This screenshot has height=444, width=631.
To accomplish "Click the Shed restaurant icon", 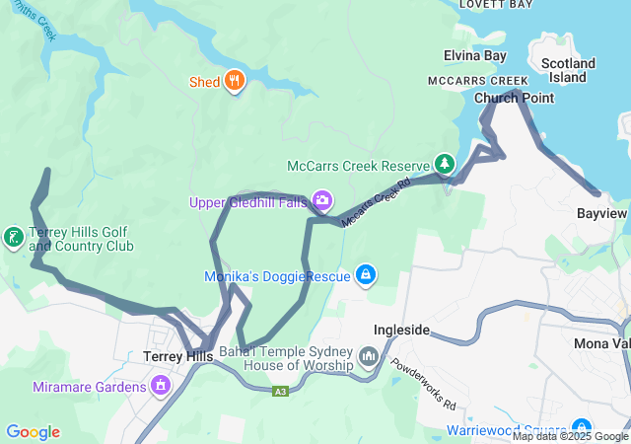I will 234,81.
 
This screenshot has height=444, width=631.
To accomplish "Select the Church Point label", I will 514,98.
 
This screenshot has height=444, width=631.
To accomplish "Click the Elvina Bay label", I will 474,56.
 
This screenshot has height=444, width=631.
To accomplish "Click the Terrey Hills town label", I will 177,356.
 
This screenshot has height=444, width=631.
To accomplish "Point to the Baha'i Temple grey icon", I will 369,355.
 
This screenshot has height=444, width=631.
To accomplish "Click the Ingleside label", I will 401,330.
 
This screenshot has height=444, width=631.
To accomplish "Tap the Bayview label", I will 601,213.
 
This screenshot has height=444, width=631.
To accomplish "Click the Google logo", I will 33,432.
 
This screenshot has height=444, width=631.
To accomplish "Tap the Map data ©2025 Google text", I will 570,436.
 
